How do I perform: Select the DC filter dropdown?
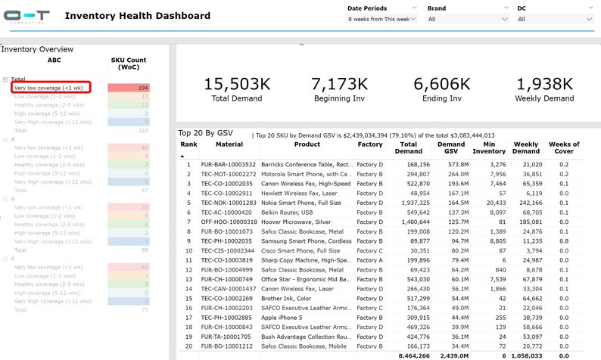555,19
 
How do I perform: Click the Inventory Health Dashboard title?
138,16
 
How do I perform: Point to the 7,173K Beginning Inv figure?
339,84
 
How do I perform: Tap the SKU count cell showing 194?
129,88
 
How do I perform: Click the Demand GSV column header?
452,147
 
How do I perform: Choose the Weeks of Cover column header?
563,147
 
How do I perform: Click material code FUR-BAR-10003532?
229,163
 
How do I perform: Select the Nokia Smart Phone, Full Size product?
307,203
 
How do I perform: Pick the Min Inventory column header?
489,147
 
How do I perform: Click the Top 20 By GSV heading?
205,133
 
